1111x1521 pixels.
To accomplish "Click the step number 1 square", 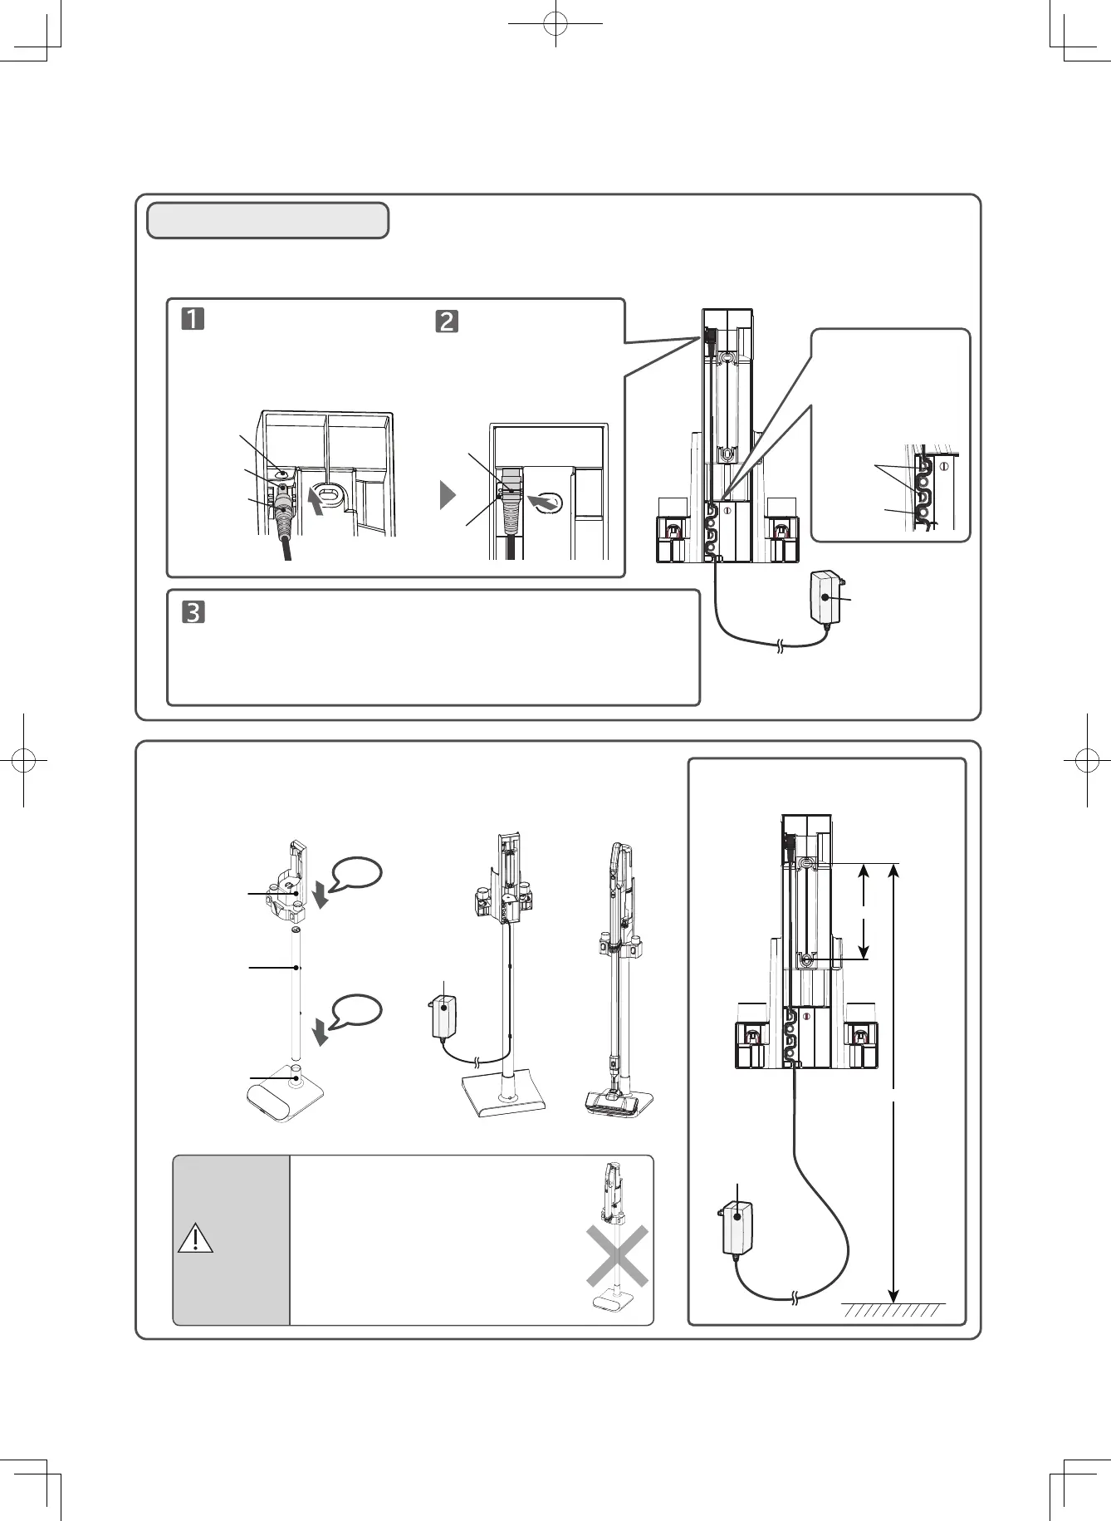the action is point(193,319).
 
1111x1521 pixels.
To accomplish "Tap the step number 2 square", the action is point(447,321).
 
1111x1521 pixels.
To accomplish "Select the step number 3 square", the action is point(193,613).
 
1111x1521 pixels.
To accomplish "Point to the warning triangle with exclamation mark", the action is point(196,1238).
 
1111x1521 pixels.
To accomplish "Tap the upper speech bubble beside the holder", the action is point(357,874).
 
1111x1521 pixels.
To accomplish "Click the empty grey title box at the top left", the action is point(267,220).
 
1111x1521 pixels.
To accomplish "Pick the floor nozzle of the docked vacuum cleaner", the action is point(619,1100).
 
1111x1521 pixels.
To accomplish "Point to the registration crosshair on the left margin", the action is point(24,759).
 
